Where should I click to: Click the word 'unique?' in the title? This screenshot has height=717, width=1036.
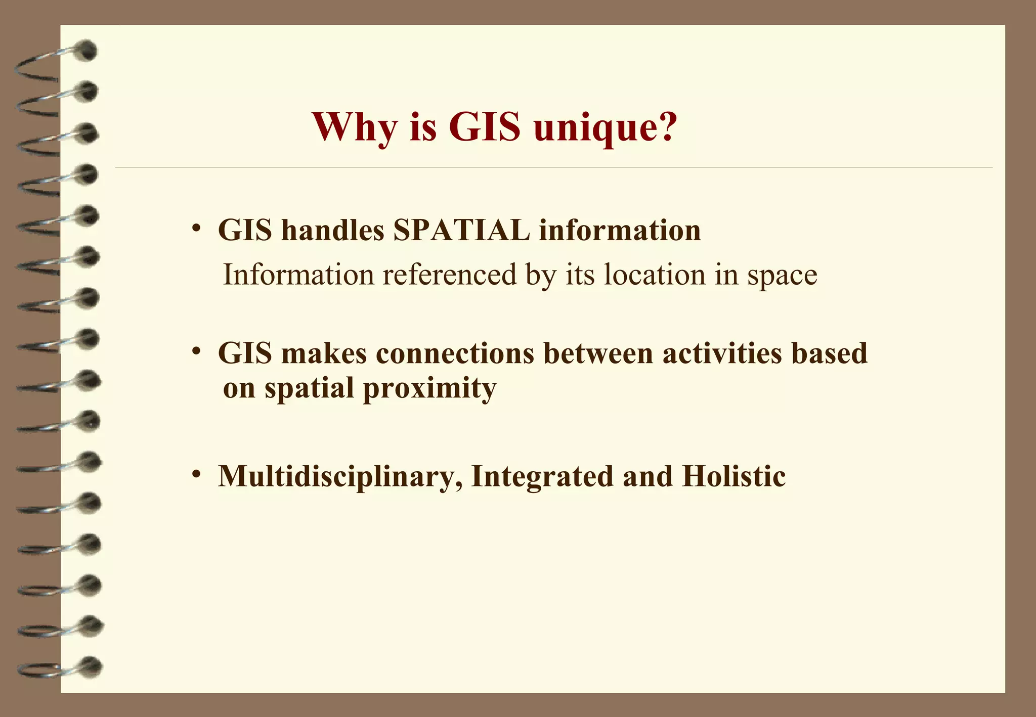click(605, 127)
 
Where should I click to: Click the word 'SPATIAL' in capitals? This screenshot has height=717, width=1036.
click(461, 231)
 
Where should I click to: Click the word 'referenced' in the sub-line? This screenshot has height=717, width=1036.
click(450, 275)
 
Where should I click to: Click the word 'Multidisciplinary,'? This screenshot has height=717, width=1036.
click(340, 476)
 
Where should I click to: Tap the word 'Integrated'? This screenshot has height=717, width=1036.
click(542, 476)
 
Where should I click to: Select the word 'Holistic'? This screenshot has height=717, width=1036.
click(733, 476)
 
